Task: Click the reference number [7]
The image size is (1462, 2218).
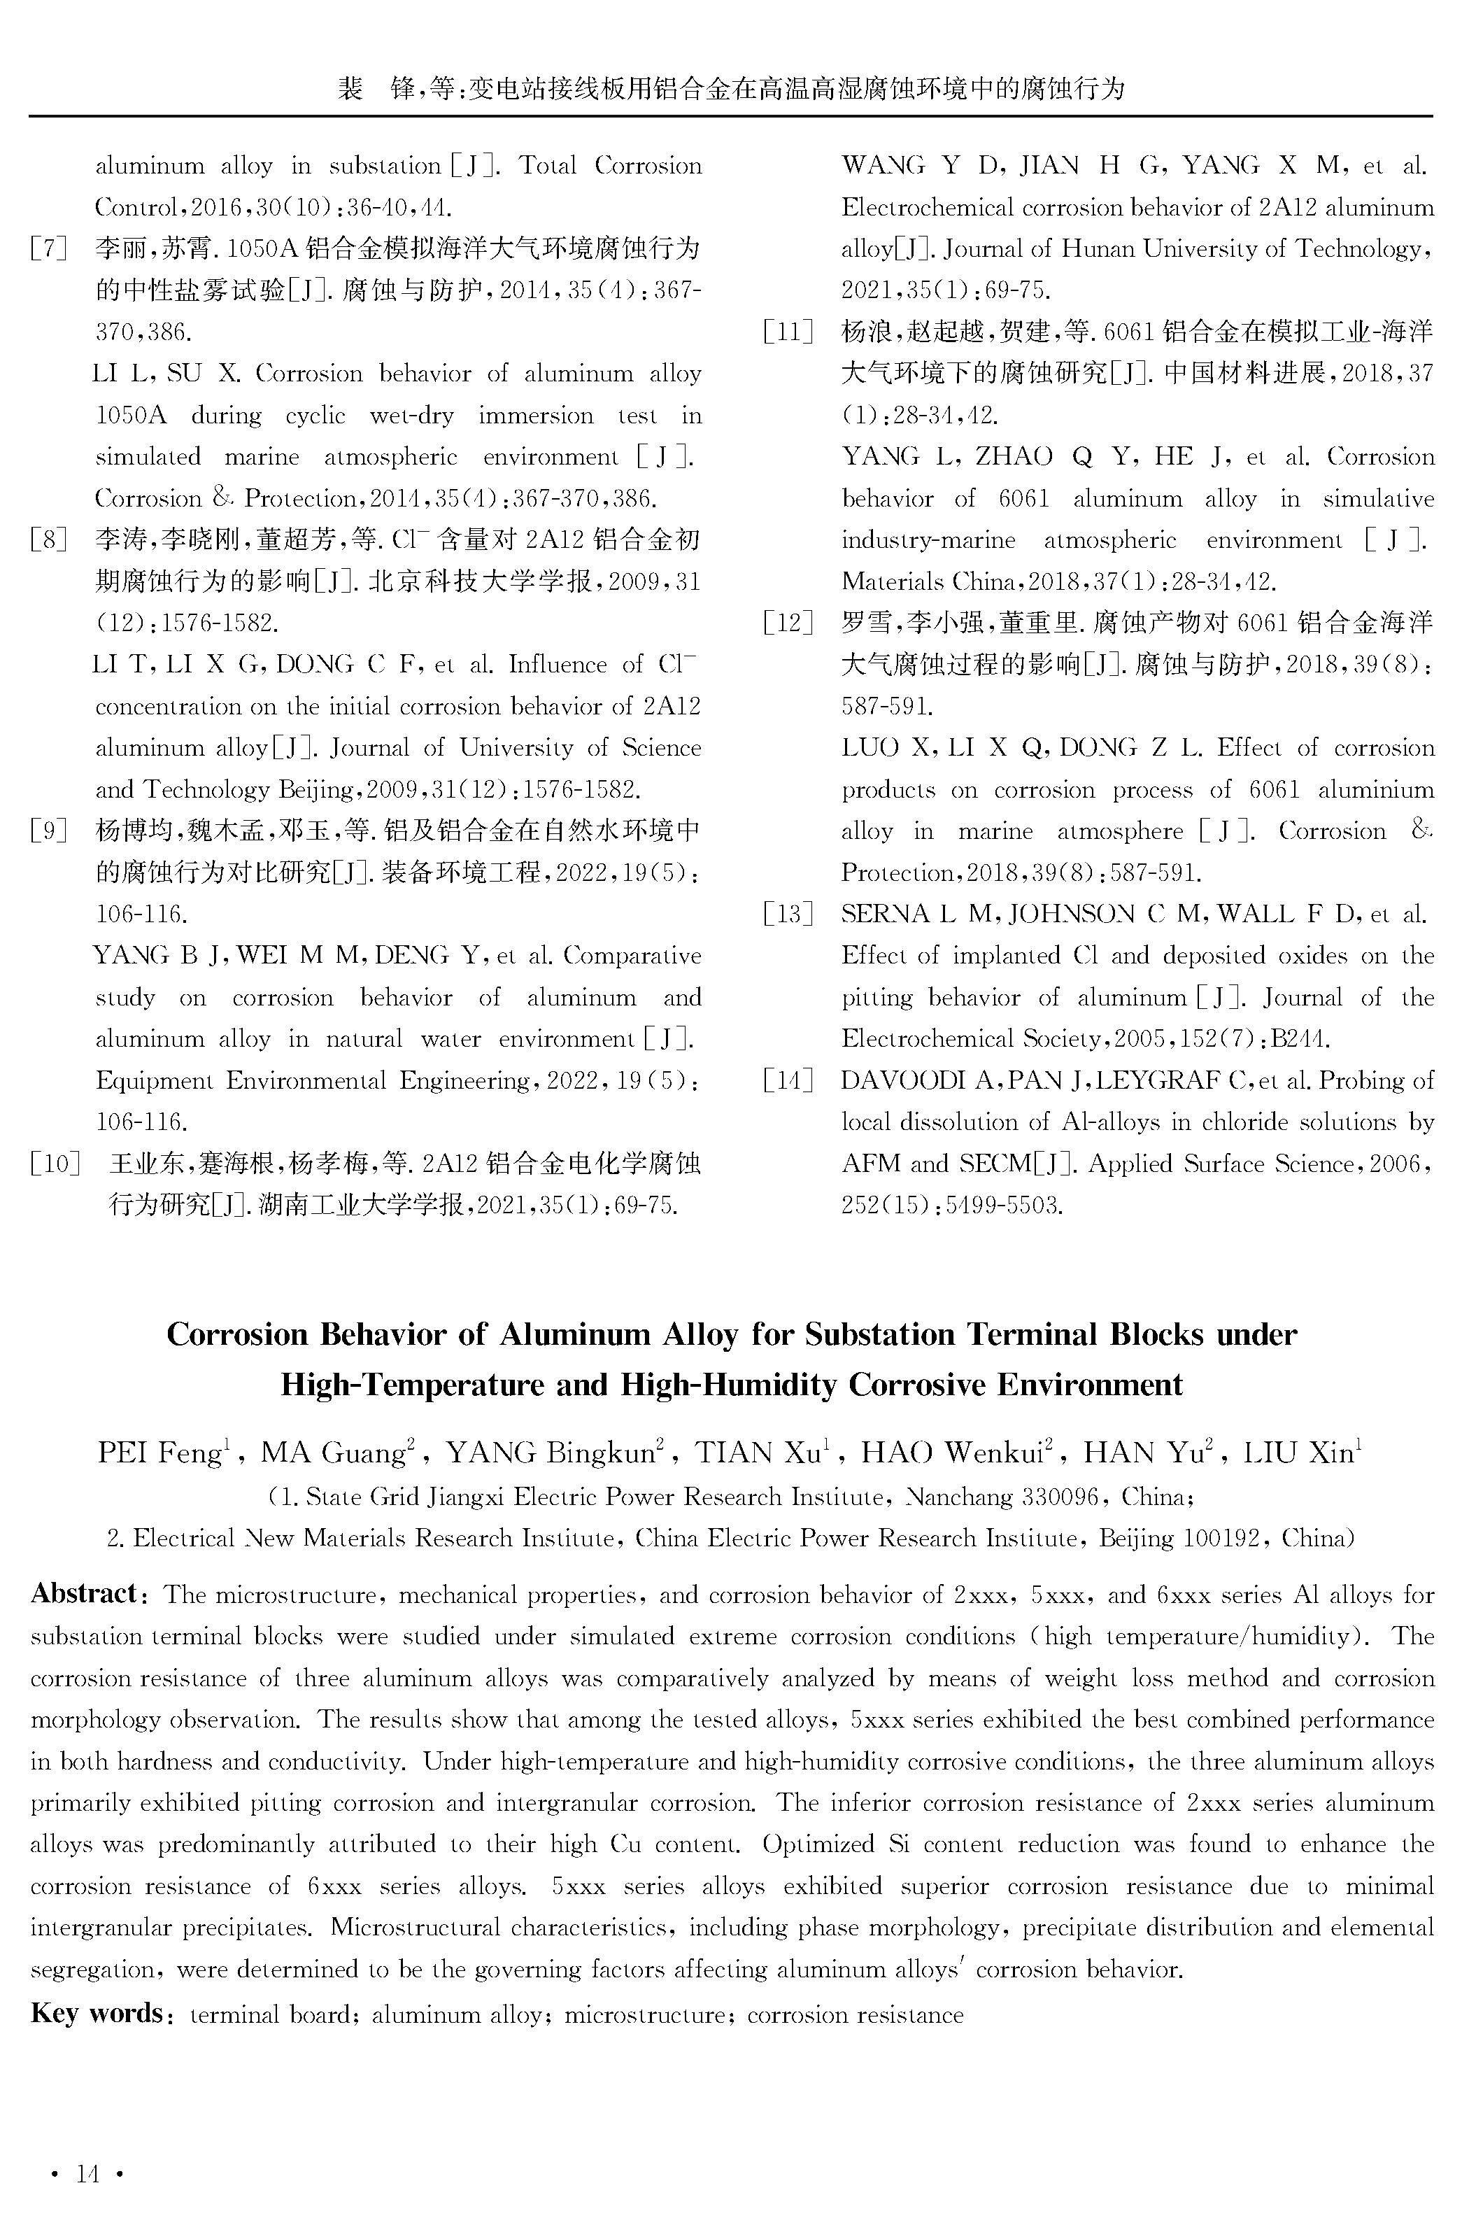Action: click(48, 249)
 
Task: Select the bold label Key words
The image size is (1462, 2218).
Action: click(97, 2013)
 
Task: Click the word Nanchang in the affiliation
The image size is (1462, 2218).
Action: click(958, 1497)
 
